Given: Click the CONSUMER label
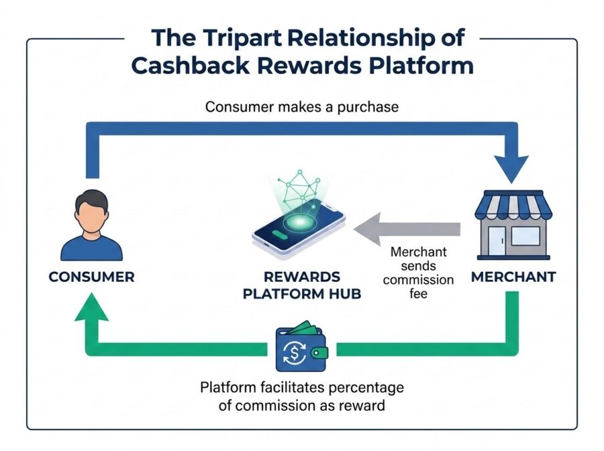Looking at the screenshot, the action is pos(92,277).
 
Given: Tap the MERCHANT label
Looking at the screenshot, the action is pos(514,277).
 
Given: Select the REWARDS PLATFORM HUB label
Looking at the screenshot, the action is pos(302,285).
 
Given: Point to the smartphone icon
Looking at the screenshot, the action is pos(299,230).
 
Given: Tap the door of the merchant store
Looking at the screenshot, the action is pos(497,241).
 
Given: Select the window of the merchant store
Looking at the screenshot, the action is pos(525,236).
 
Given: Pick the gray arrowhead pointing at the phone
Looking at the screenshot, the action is pos(367,229).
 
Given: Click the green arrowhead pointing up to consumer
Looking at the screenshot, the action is pos(92,307).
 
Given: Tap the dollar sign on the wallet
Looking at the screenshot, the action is pos(295,352).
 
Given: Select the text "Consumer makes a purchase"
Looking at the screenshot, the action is pos(301,107).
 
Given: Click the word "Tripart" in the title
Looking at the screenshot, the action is pos(243,38).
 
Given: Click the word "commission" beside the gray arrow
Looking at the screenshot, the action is pos(418,279).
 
